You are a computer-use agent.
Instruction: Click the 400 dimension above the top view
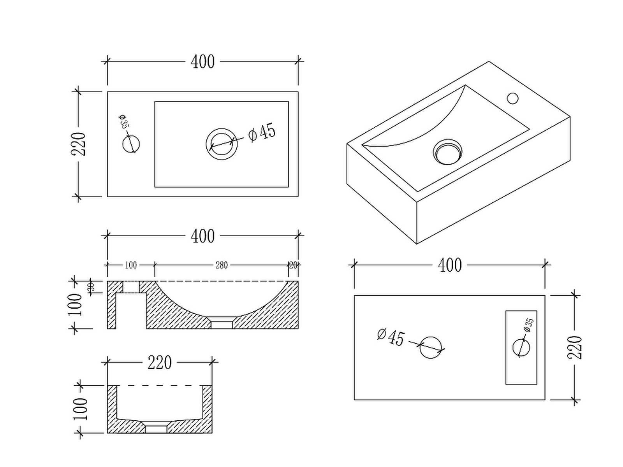pos(202,62)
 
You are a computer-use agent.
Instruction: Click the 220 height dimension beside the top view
pos(78,144)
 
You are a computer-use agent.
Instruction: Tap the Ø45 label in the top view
pos(262,132)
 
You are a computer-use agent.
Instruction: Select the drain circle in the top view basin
pos(222,144)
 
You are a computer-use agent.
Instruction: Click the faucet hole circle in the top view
pos(131,144)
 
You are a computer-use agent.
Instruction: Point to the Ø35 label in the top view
pos(123,122)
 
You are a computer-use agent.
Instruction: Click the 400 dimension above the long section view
pos(202,236)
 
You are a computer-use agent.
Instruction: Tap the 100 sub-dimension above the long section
pos(131,265)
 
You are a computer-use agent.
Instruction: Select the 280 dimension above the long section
pos(222,265)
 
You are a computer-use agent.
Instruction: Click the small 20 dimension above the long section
pos(293,265)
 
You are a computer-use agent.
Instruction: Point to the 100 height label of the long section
pos(76,305)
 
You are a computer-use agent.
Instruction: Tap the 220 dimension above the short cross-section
pos(160,363)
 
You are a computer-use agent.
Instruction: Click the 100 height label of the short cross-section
pos(81,409)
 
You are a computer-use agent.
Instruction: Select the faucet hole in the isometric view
pos(512,98)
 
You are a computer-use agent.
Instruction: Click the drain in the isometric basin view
pos(448,152)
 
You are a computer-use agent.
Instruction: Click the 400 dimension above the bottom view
pos(450,265)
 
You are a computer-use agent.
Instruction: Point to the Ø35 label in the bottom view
pos(528,325)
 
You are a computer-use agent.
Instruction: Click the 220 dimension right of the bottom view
pos(575,347)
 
